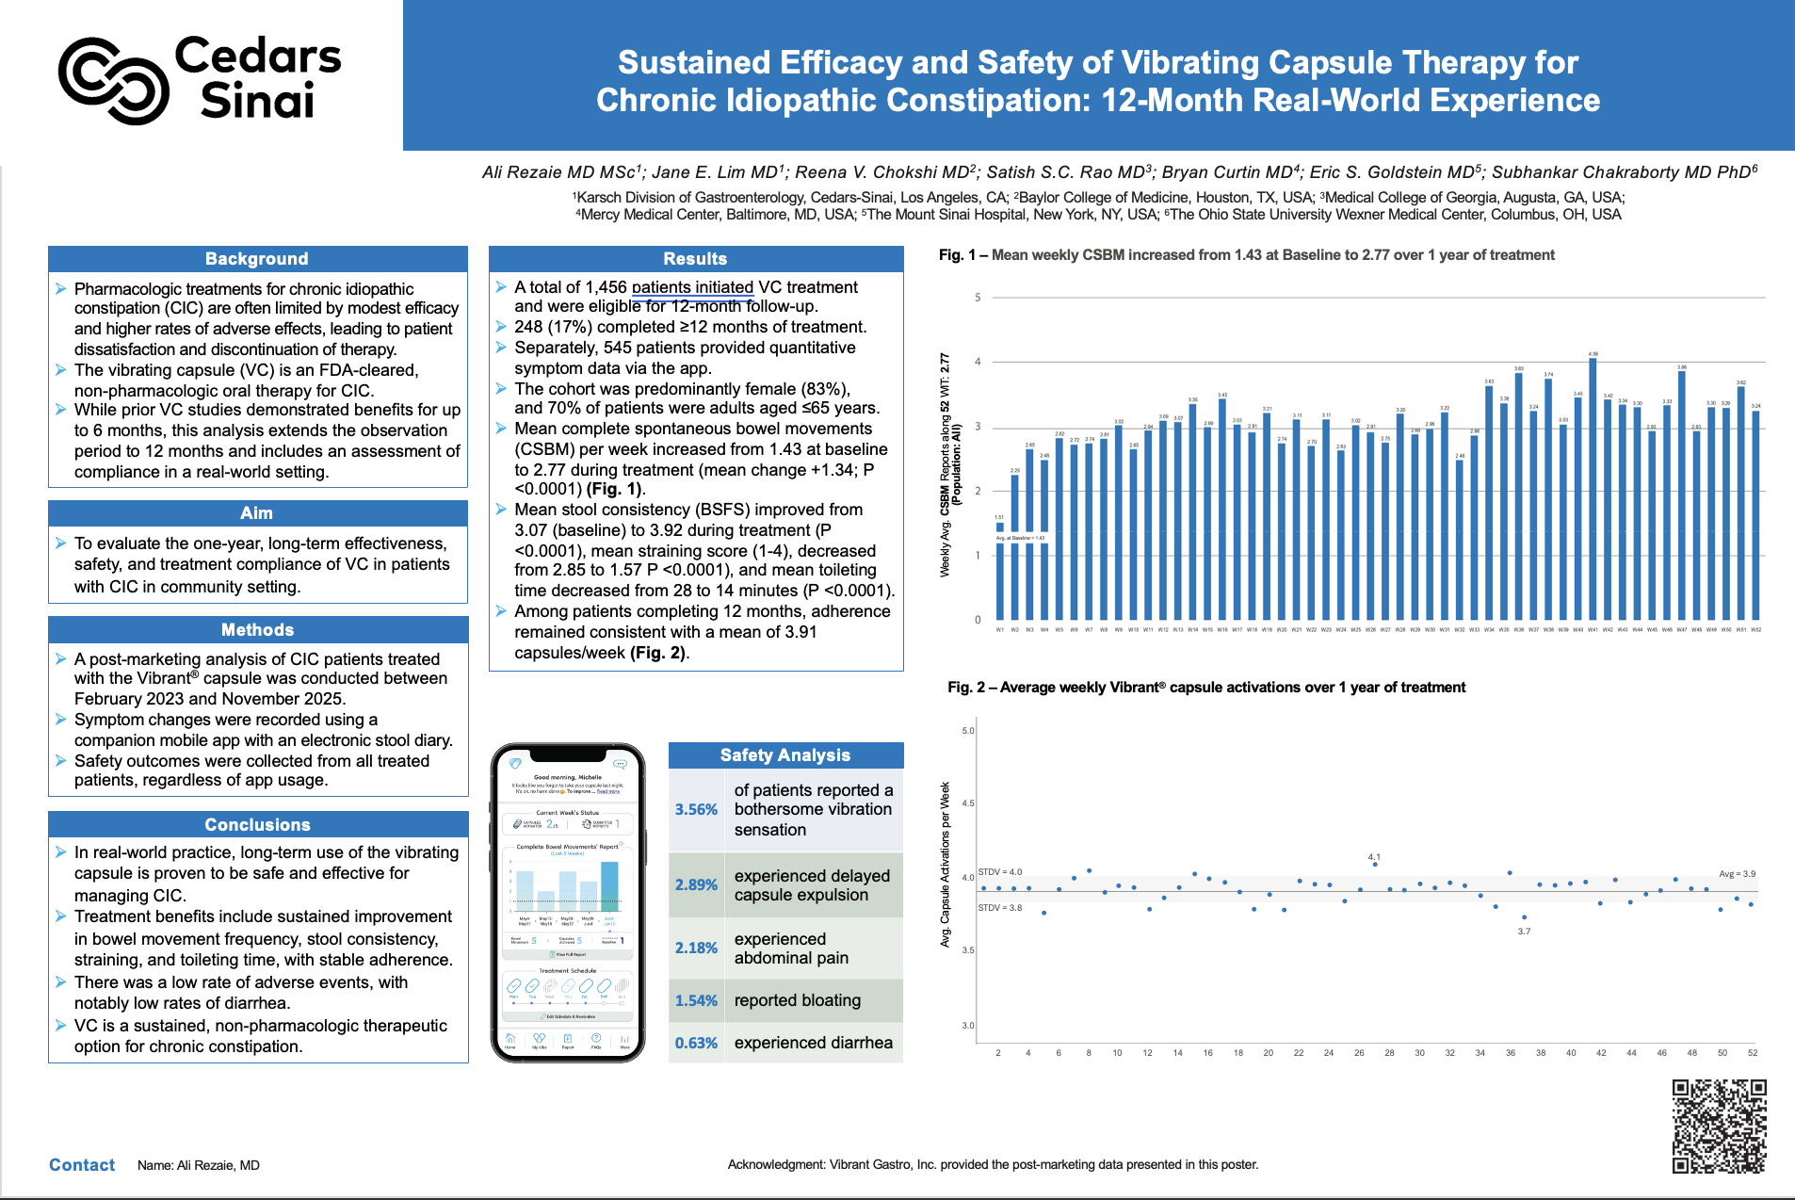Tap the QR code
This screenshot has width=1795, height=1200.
tap(1719, 1126)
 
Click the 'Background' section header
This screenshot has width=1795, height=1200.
tap(257, 259)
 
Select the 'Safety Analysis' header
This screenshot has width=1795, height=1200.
tap(784, 755)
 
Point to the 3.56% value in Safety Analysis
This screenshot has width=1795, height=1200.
tap(696, 810)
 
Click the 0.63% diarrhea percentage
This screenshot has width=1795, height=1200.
tap(696, 1044)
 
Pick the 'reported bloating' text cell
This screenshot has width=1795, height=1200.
tap(798, 1000)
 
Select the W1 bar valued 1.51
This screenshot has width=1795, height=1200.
tap(1000, 571)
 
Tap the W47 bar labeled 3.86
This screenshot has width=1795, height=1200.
tap(1681, 495)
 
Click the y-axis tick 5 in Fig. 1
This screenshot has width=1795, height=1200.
tap(978, 298)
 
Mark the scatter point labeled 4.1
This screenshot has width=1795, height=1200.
tap(1375, 864)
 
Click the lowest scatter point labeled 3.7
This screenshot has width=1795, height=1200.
tap(1524, 917)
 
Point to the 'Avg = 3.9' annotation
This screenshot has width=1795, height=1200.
tap(1737, 874)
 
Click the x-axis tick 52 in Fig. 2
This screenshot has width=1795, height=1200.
tap(1753, 1053)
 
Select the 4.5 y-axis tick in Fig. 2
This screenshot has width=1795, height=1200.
tap(968, 803)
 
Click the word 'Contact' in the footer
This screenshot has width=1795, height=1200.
tap(82, 1165)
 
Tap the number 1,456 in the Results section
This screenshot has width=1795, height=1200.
tap(606, 287)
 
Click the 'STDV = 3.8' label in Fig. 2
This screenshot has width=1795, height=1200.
tap(1000, 908)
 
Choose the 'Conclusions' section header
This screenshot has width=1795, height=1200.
tap(257, 825)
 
